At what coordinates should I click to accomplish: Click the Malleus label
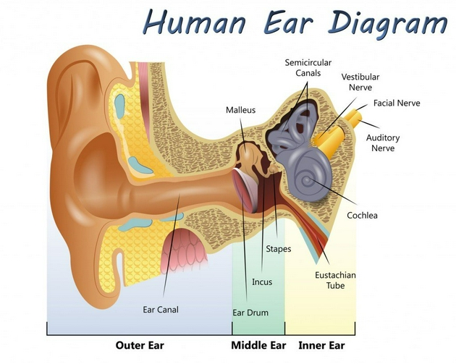click(240, 110)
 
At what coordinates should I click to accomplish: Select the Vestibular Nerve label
click(360, 82)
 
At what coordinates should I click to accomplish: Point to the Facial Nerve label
click(397, 103)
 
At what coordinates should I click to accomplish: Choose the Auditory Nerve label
click(383, 143)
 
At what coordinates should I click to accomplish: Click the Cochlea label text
click(362, 215)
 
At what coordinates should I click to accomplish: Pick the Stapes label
click(278, 249)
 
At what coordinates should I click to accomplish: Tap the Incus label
click(262, 282)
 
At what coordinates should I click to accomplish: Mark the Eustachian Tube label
click(335, 280)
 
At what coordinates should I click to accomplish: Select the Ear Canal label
click(160, 310)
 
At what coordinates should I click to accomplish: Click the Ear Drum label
click(250, 313)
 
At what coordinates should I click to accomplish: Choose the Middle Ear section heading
click(258, 345)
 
